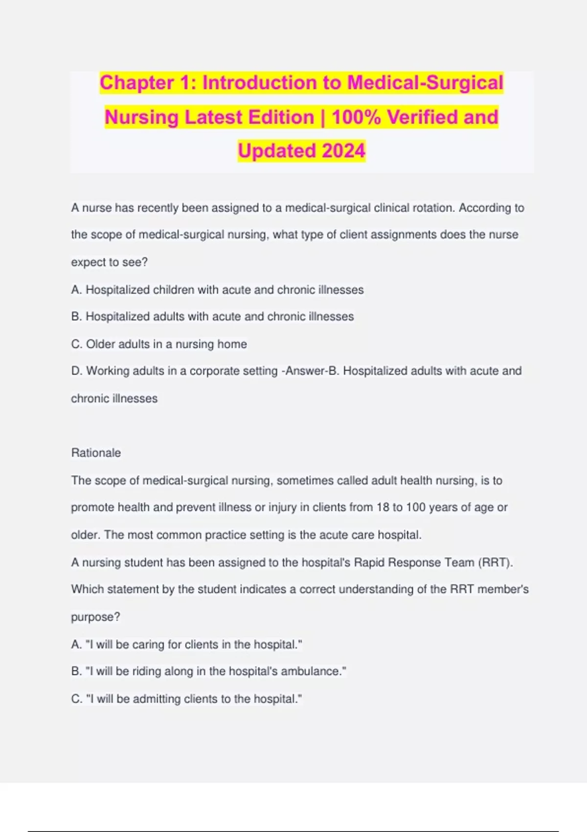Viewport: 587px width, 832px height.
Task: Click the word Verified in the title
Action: point(422,117)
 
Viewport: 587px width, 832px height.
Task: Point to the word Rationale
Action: point(96,453)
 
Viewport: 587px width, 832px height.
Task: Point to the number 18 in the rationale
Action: point(383,508)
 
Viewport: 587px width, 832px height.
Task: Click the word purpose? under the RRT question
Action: point(95,617)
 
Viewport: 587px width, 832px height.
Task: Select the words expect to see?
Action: point(109,262)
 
